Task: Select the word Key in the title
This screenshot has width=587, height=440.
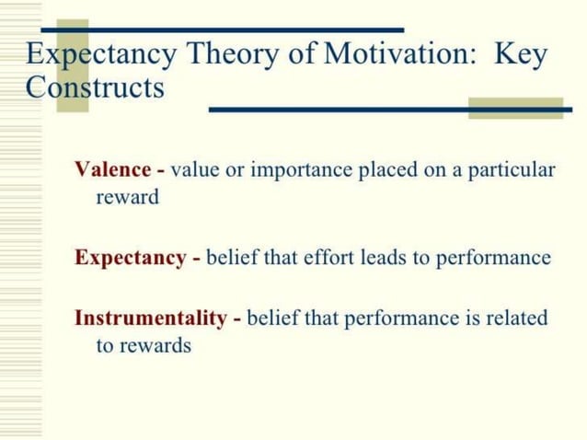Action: point(521,55)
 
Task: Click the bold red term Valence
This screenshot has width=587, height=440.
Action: point(112,170)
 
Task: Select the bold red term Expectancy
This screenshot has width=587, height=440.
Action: point(130,258)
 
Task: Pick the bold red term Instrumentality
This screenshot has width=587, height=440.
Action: point(150,318)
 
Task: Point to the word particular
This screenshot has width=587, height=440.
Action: point(516,171)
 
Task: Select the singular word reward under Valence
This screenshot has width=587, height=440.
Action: point(127,197)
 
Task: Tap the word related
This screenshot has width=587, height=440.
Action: point(516,318)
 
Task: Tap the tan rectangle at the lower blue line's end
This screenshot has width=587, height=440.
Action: point(515,108)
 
